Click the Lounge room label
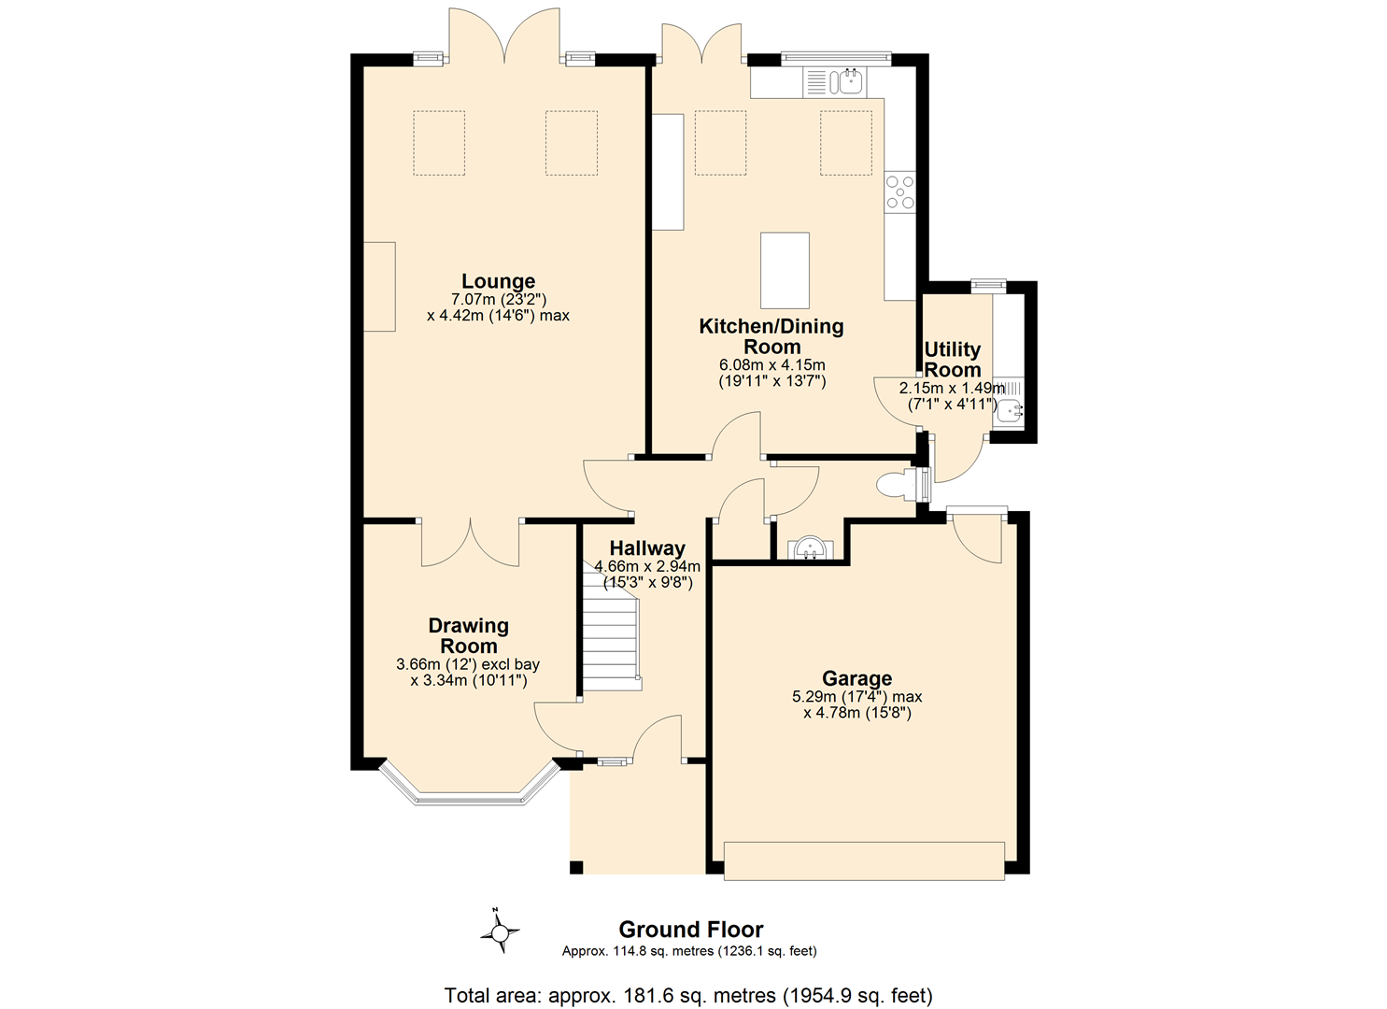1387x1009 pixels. click(498, 281)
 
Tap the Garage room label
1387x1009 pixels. click(857, 678)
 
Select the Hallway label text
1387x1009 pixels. click(647, 548)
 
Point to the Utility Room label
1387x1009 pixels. click(953, 360)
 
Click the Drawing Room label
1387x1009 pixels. click(469, 635)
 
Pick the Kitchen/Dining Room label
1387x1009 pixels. click(771, 336)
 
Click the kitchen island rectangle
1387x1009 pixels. click(785, 270)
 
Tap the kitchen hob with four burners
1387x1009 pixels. click(899, 192)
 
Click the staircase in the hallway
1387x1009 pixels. click(611, 627)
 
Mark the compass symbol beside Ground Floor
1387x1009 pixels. click(501, 931)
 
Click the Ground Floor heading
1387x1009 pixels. click(691, 930)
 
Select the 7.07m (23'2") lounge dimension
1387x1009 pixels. click(498, 300)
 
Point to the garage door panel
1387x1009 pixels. click(864, 861)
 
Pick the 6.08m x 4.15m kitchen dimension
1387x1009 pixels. click(772, 364)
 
